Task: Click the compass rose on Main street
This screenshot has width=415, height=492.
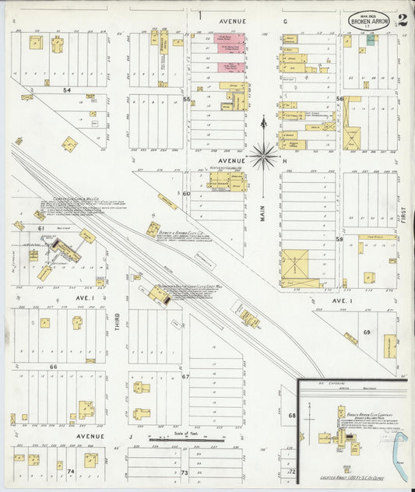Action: tap(264, 155)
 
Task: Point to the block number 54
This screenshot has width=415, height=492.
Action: tap(68, 90)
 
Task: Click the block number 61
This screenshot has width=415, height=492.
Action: tap(40, 228)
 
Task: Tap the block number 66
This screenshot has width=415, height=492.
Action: tap(53, 366)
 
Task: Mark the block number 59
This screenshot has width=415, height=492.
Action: tap(339, 239)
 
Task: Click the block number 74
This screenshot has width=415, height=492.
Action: tap(70, 472)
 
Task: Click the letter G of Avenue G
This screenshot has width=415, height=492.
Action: tap(286, 22)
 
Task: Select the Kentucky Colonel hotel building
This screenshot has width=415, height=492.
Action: tap(227, 181)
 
